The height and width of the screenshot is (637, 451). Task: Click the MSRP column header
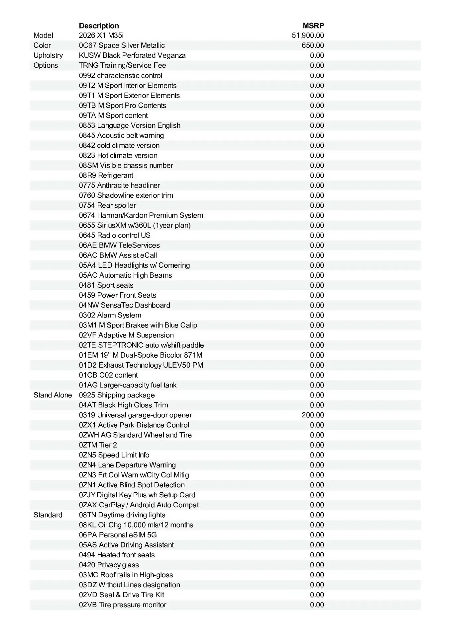[x=313, y=26]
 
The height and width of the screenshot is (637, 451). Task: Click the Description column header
[x=99, y=26]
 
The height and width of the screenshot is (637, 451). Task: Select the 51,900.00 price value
[x=308, y=35]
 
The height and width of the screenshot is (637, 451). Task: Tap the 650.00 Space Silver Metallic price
[x=313, y=45]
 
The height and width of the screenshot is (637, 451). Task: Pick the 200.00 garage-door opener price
[x=313, y=415]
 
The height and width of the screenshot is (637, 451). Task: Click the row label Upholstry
[x=48, y=55]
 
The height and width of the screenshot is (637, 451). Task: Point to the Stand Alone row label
[x=53, y=395]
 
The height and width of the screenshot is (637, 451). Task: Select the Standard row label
[x=48, y=515]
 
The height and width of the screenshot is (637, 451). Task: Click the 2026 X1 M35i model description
[x=101, y=35]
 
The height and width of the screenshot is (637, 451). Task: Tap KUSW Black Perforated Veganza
[x=132, y=55]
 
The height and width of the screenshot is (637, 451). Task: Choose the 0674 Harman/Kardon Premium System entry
[x=141, y=215]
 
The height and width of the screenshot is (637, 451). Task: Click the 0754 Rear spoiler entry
[x=107, y=205]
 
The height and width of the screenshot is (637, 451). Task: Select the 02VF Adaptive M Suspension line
[x=126, y=335]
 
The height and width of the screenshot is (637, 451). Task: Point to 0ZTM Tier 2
[x=98, y=445]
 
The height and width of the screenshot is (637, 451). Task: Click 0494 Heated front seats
[x=117, y=555]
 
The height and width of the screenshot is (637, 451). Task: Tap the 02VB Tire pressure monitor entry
[x=123, y=605]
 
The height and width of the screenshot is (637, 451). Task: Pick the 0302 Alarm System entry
[x=110, y=315]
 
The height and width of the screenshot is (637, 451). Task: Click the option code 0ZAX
[x=88, y=505]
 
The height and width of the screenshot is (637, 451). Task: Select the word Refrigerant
[x=116, y=176]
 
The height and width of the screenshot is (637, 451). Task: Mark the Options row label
[x=46, y=65]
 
